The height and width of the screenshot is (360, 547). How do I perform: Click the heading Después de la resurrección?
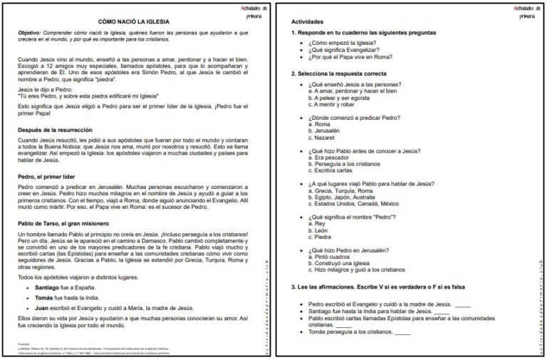click(55, 129)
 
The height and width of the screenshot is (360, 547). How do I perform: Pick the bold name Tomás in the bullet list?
click(46, 298)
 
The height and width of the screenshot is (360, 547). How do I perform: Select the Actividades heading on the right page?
click(307, 22)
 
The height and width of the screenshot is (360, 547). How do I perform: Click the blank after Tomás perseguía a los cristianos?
click(402, 333)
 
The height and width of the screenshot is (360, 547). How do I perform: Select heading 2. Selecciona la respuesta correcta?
click(339, 73)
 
